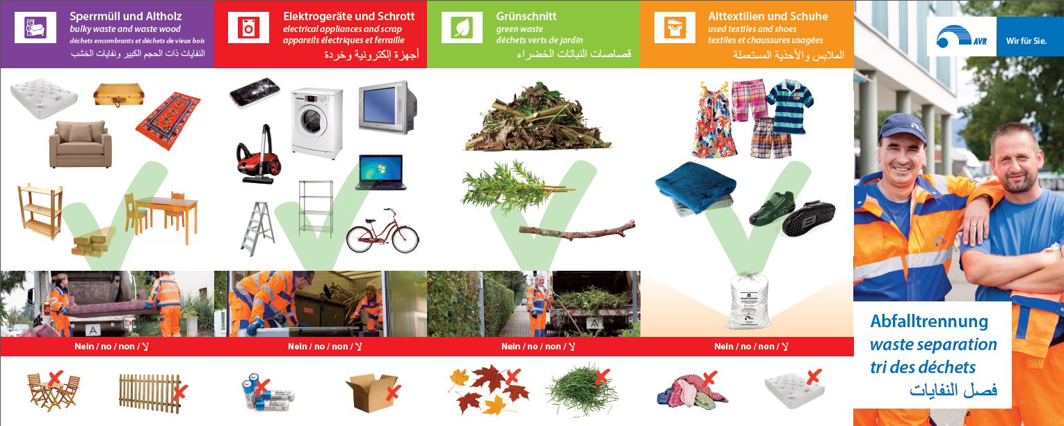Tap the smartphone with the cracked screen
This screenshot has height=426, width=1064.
[x=255, y=93]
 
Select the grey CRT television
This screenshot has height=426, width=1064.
[x=387, y=107]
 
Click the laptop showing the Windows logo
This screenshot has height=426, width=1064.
[x=381, y=172]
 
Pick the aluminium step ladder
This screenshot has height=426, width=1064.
[x=257, y=228]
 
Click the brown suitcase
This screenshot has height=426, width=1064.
[x=119, y=95]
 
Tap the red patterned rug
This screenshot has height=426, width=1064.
[x=168, y=120]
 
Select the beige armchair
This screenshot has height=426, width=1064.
[x=80, y=144]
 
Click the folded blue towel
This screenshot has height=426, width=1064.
[x=695, y=188]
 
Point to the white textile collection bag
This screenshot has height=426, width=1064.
[x=746, y=301]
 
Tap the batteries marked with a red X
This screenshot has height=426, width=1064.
[x=268, y=393]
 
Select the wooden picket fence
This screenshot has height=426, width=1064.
[x=151, y=393]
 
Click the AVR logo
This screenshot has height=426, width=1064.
[x=961, y=37]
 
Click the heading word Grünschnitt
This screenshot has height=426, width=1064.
[x=526, y=16]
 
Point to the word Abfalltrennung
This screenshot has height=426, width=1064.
[x=928, y=322]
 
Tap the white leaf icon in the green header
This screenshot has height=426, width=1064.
[x=462, y=28]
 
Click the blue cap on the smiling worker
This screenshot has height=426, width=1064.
[x=902, y=127]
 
